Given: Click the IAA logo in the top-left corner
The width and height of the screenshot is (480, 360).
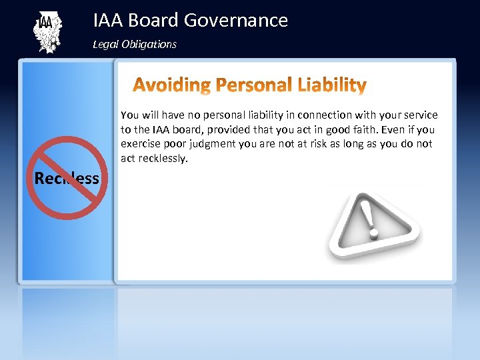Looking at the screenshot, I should click(47, 32).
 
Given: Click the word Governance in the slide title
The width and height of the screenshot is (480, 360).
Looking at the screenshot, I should click(236, 21).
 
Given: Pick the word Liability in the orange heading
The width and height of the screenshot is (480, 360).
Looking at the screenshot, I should click(333, 85).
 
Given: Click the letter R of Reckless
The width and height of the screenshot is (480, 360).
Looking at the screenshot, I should click(39, 178).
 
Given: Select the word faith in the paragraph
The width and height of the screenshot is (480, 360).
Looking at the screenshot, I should click(366, 129).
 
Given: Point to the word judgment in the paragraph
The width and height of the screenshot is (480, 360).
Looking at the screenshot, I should click(209, 144).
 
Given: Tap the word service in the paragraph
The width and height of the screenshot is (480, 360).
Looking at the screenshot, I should click(421, 115).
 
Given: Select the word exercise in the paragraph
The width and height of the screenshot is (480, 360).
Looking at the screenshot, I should click(139, 144).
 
